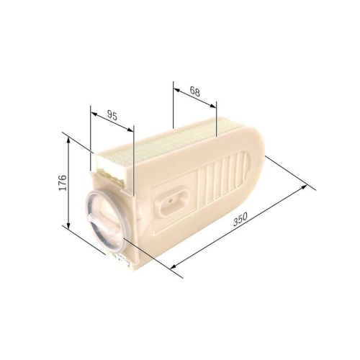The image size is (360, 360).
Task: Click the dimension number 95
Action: tap(112, 114)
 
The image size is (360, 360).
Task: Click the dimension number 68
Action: tap(195, 91)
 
